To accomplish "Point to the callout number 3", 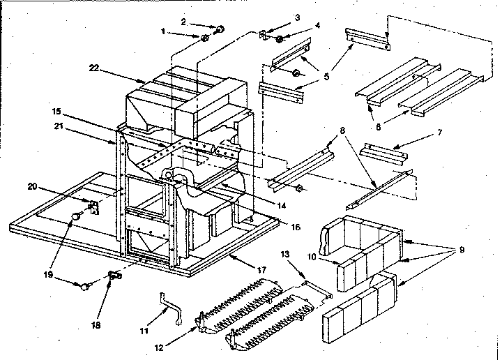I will pos(277,15).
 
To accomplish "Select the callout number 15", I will pos(56,111).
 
